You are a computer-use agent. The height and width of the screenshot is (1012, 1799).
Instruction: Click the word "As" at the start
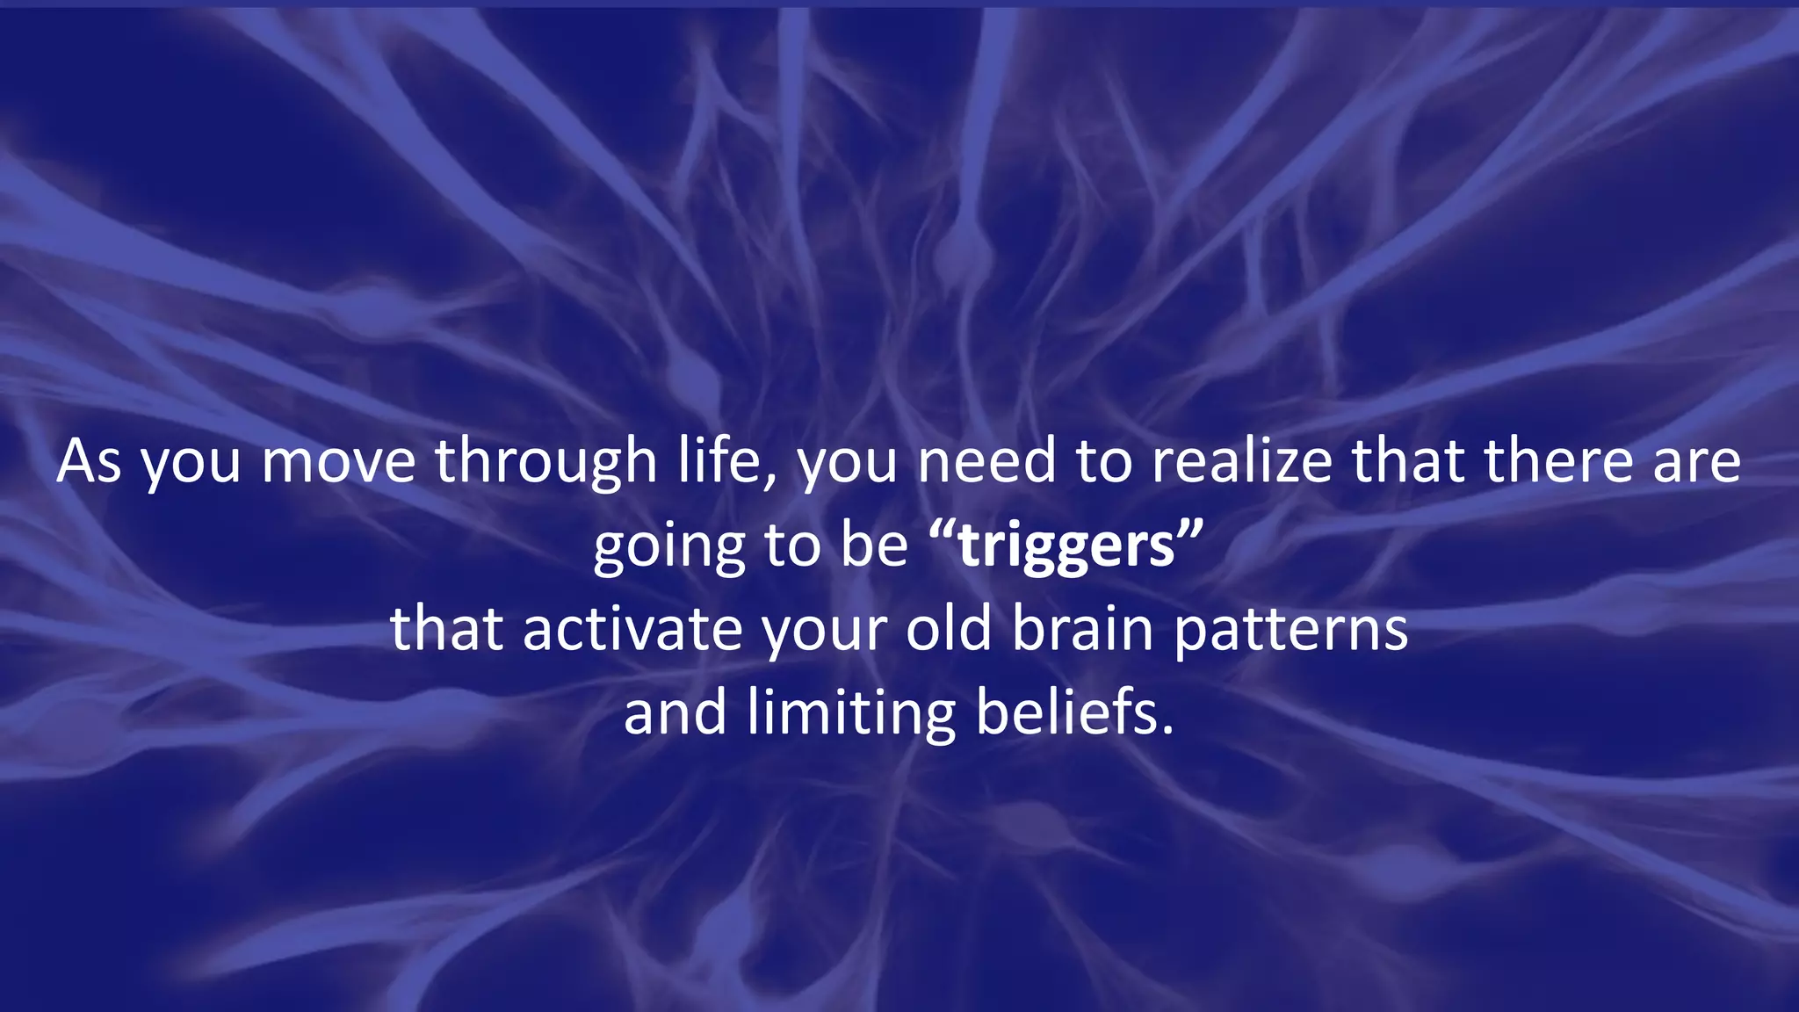click(x=88, y=461)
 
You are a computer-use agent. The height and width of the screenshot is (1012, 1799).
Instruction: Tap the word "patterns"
click(x=1290, y=631)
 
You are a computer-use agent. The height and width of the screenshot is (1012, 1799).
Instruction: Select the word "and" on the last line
click(x=675, y=712)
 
